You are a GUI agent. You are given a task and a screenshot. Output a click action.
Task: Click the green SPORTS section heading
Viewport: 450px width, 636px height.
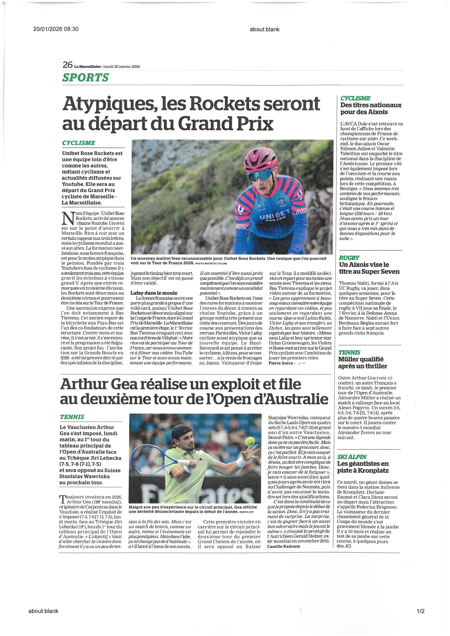tap(85, 78)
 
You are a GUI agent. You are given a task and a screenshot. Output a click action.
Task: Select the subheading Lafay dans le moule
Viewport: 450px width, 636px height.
tap(154, 293)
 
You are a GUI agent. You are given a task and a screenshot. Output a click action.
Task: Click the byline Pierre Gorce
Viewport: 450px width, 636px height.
tap(281, 363)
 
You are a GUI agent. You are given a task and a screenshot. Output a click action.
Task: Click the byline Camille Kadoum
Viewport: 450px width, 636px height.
tap(283, 546)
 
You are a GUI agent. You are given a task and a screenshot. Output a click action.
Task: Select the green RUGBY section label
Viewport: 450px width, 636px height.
tap(349, 258)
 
